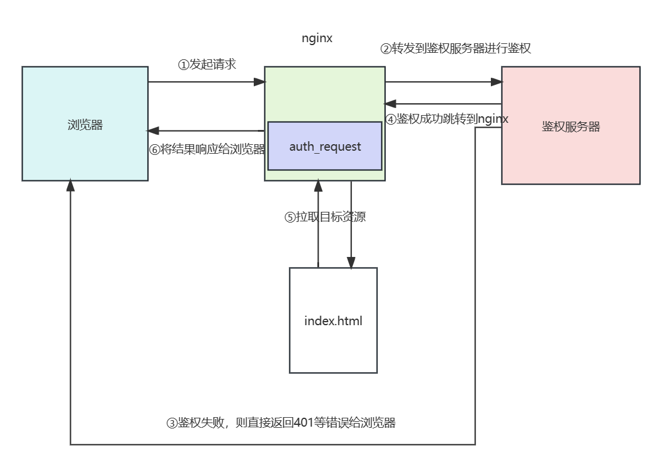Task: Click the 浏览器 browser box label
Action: pyautogui.click(x=85, y=125)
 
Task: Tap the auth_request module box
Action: pyautogui.click(x=324, y=147)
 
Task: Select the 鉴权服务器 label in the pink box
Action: pyautogui.click(x=570, y=126)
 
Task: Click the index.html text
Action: pyautogui.click(x=333, y=321)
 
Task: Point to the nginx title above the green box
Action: pyautogui.click(x=317, y=39)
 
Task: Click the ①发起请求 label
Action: pyautogui.click(x=207, y=65)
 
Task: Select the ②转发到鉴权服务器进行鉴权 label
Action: pyautogui.click(x=455, y=49)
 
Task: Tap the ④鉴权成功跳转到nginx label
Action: pyautogui.click(x=447, y=119)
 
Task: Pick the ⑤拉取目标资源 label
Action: pyautogui.click(x=324, y=217)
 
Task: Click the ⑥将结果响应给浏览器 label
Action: pyautogui.click(x=207, y=150)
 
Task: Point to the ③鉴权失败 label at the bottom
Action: pyautogui.click(x=280, y=422)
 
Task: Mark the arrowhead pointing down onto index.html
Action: pyautogui.click(x=351, y=263)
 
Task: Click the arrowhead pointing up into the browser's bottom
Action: pyautogui.click(x=70, y=186)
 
